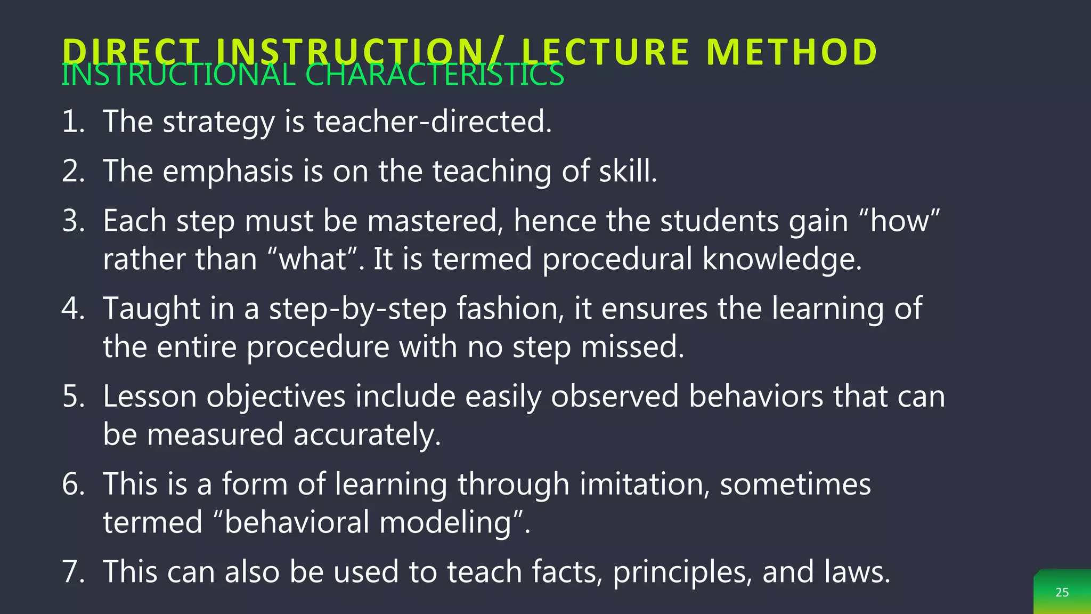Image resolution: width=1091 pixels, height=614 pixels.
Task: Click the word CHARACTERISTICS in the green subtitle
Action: click(435, 75)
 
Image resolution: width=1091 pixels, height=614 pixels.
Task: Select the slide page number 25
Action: click(1062, 592)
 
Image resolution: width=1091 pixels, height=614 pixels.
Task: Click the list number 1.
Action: click(73, 122)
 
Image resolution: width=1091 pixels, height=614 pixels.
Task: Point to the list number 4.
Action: click(73, 309)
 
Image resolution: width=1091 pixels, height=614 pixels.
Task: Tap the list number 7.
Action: click(73, 572)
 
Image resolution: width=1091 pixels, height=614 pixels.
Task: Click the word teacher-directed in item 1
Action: click(433, 122)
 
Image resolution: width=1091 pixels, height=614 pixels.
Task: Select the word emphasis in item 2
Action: click(228, 172)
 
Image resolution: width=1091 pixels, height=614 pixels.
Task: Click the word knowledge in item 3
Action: click(781, 260)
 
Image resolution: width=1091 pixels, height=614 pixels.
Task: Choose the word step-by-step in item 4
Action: click(357, 309)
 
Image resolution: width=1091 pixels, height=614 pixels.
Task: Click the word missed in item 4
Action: click(632, 347)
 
